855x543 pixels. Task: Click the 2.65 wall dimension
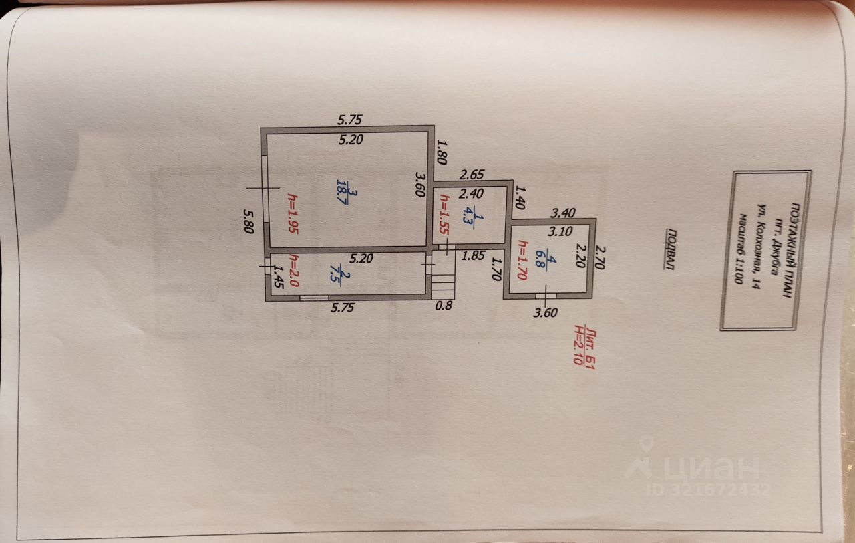[471, 175]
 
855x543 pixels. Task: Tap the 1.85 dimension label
[473, 255]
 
